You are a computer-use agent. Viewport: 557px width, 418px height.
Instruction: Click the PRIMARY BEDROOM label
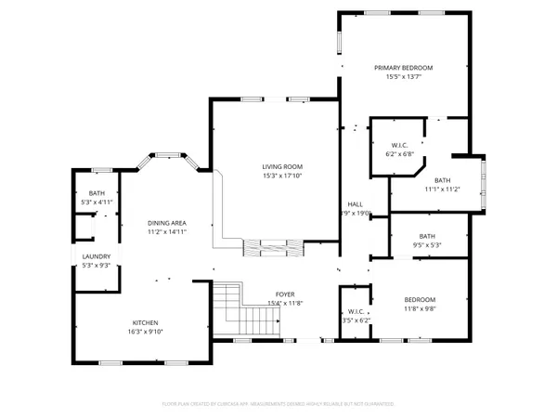pyautogui.click(x=404, y=68)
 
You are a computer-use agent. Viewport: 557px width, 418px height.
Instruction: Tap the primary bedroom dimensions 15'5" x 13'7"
pyautogui.click(x=404, y=77)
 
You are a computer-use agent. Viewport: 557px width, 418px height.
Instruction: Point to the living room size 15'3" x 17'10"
pyautogui.click(x=282, y=176)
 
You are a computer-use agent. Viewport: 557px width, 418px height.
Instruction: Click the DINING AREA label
pyautogui.click(x=167, y=224)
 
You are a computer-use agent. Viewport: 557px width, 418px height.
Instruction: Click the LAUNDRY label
pyautogui.click(x=96, y=257)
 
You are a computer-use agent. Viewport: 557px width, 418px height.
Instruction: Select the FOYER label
pyautogui.click(x=285, y=293)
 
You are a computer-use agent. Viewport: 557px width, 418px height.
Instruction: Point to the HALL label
pyautogui.click(x=355, y=203)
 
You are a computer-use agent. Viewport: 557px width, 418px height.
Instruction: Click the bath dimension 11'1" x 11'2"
pyautogui.click(x=442, y=189)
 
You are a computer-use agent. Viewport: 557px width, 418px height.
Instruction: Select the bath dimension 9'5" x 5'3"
pyautogui.click(x=426, y=245)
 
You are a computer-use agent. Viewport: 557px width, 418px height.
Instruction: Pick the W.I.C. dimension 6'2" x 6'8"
pyautogui.click(x=400, y=153)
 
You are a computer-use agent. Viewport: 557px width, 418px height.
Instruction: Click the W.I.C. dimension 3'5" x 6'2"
pyautogui.click(x=355, y=320)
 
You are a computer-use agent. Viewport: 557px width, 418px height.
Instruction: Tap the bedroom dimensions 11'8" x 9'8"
pyautogui.click(x=420, y=308)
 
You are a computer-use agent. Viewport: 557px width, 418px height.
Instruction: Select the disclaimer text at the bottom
pyautogui.click(x=278, y=405)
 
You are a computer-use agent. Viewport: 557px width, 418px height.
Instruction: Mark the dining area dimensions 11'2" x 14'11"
pyautogui.click(x=167, y=233)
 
